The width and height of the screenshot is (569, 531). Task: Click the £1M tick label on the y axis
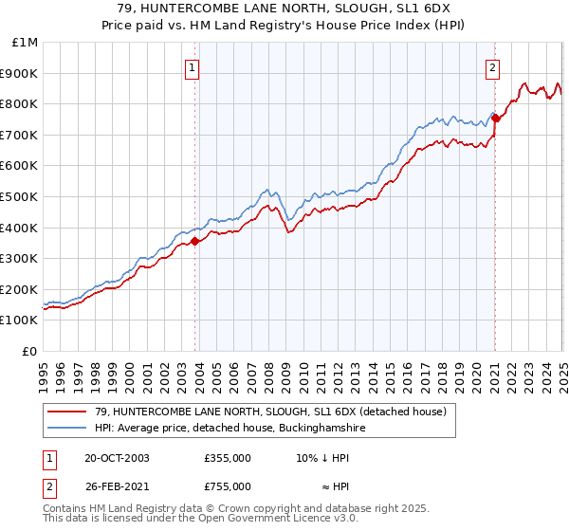pyautogui.click(x=26, y=43)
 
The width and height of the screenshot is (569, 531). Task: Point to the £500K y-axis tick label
pyautogui.click(x=20, y=197)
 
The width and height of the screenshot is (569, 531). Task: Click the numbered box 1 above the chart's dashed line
pyautogui.click(x=193, y=67)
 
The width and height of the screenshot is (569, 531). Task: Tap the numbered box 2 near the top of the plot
pyautogui.click(x=493, y=67)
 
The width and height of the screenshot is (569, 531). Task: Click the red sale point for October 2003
pyautogui.click(x=195, y=241)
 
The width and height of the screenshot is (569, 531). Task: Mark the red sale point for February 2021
pyautogui.click(x=495, y=118)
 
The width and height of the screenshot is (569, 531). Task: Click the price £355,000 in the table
pyautogui.click(x=228, y=458)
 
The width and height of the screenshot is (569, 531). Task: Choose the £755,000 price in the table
pyautogui.click(x=228, y=486)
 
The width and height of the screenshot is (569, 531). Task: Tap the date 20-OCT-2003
pyautogui.click(x=117, y=458)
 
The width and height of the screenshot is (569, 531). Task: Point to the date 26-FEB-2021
pyautogui.click(x=117, y=486)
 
